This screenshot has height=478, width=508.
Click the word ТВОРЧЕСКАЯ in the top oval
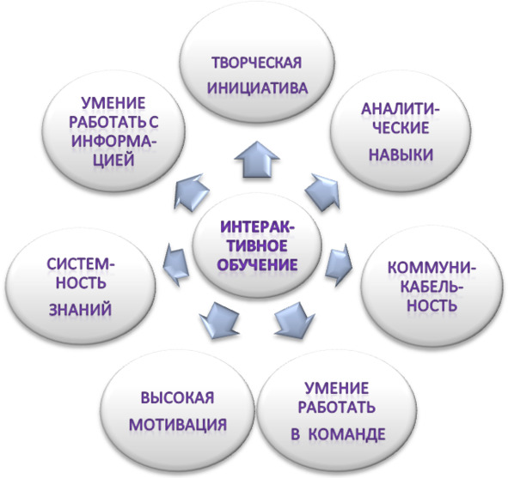(257, 63)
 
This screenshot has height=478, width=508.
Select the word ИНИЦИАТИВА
(258, 88)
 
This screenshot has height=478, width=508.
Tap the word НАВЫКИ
(401, 154)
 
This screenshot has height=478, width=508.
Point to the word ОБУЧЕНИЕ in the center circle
(258, 264)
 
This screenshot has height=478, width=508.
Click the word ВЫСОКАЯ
(178, 397)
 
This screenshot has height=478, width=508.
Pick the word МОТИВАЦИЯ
(178, 424)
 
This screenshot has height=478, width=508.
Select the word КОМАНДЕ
(346, 434)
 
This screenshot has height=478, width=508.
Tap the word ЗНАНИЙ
(80, 309)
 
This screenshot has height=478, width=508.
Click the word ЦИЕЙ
(113, 160)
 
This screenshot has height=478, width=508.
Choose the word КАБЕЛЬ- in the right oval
(431, 287)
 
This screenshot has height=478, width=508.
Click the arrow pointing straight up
(257, 160)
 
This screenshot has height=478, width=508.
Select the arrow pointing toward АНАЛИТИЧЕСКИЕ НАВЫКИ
(322, 191)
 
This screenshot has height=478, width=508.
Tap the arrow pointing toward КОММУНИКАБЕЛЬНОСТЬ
(339, 265)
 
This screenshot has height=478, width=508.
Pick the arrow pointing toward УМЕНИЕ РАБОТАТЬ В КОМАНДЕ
(295, 320)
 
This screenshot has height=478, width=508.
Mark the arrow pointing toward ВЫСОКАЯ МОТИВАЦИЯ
(219, 320)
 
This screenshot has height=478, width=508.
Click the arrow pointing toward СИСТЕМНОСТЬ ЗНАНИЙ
(175, 265)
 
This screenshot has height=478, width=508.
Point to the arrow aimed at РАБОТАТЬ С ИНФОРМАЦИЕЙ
(191, 192)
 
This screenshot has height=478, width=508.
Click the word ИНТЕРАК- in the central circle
(258, 227)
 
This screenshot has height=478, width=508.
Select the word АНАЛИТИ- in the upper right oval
(401, 109)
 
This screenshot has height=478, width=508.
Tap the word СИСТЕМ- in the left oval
(81, 264)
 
